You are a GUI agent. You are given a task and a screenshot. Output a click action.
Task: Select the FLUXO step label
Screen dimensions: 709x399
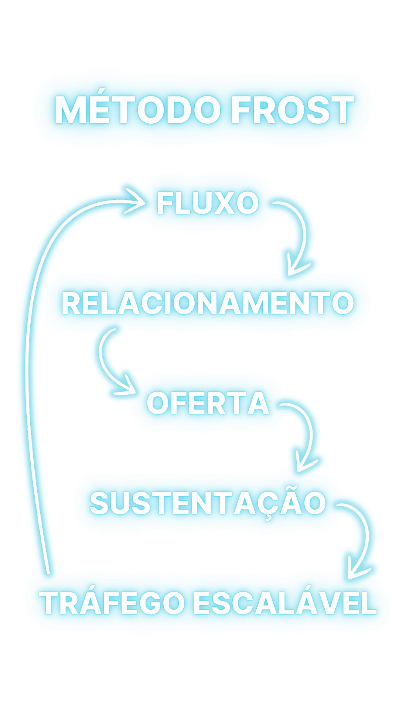pyautogui.click(x=208, y=203)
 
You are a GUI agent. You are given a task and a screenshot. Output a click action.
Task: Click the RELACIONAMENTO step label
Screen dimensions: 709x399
pyautogui.click(x=208, y=303)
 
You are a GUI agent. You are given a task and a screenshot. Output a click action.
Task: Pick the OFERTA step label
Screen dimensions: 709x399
pyautogui.click(x=208, y=403)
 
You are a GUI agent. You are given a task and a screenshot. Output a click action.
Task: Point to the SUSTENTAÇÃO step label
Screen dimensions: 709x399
pyautogui.click(x=208, y=503)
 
